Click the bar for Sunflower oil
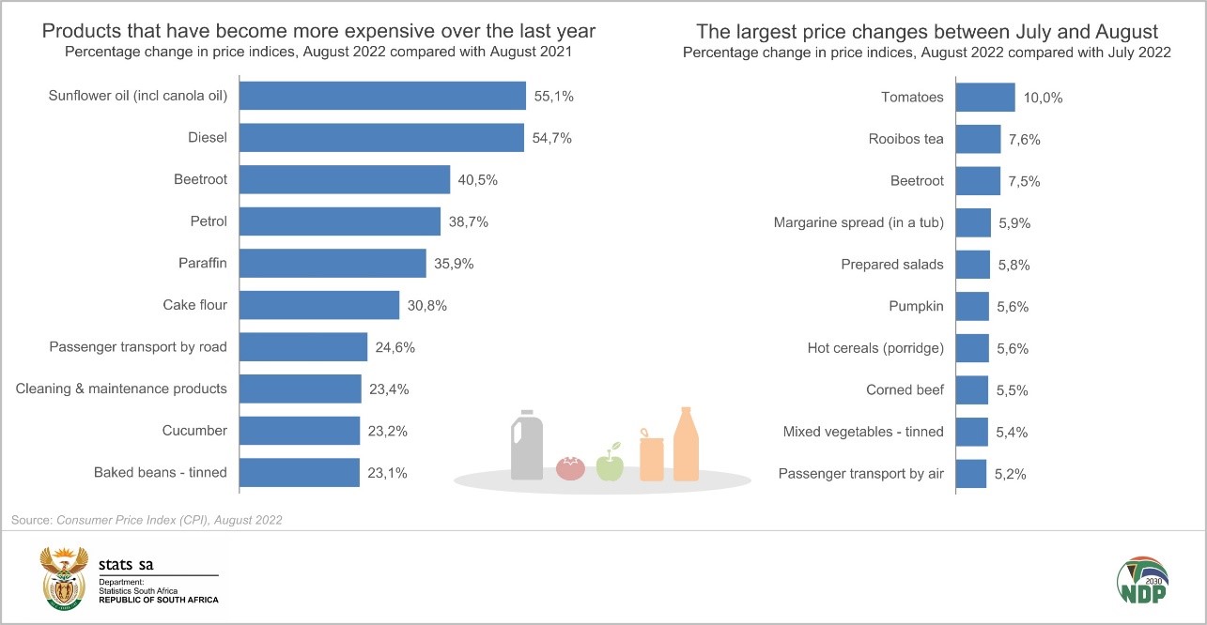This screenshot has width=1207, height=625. coord(382,97)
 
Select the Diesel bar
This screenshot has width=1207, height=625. coord(381,138)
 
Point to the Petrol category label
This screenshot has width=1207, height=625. coord(208,221)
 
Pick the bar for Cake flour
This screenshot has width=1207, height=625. coord(319,305)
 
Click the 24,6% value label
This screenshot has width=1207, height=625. coord(395,347)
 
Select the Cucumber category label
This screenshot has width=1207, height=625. coord(195,431)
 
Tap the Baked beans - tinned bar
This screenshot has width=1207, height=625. coord(300,473)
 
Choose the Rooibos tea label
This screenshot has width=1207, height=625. coord(906,140)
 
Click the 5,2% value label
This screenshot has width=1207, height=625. coord(1010,474)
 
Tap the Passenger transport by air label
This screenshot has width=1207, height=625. coord(861,474)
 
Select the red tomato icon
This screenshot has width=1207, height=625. coord(570,467)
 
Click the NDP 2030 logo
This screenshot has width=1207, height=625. coord(1141,581)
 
